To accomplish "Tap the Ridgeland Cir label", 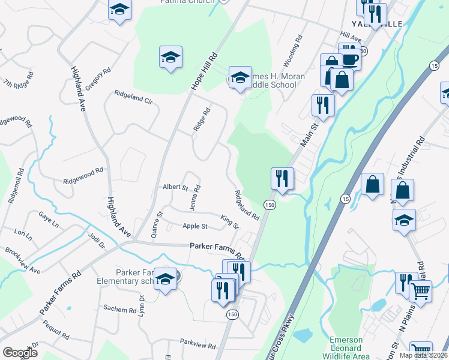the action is [x=133, y=97].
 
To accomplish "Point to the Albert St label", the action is [x=175, y=187].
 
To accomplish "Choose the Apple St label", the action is [x=195, y=226].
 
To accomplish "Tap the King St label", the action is [x=229, y=221].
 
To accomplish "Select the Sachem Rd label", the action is [x=120, y=310].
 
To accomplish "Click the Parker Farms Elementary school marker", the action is [x=166, y=279].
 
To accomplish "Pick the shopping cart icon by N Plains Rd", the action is [x=420, y=292].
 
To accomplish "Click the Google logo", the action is [x=20, y=353].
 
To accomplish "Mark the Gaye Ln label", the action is [x=48, y=220].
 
